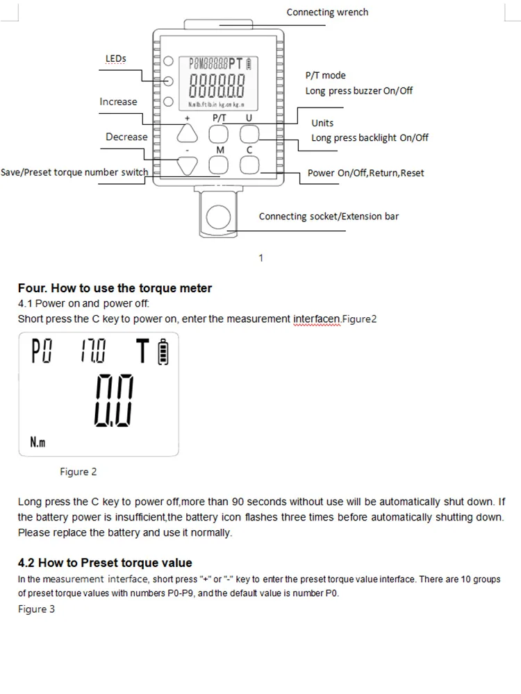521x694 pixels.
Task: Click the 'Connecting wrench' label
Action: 327,12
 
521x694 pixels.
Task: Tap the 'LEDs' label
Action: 115,59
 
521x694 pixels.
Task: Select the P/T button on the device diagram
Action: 219,133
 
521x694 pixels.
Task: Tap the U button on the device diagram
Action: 249,133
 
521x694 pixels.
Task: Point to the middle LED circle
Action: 168,81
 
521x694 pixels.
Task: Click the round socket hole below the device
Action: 218,216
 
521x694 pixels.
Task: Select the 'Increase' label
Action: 118,101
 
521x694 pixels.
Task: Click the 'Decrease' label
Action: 126,137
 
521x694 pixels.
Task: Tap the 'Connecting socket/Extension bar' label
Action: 329,217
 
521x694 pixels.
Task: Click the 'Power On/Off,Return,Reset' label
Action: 365,173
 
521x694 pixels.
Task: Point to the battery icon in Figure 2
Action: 164,353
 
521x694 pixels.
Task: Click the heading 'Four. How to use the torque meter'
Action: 115,288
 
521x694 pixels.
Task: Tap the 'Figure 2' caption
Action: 78,472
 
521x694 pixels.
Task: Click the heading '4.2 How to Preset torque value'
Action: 105,563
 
